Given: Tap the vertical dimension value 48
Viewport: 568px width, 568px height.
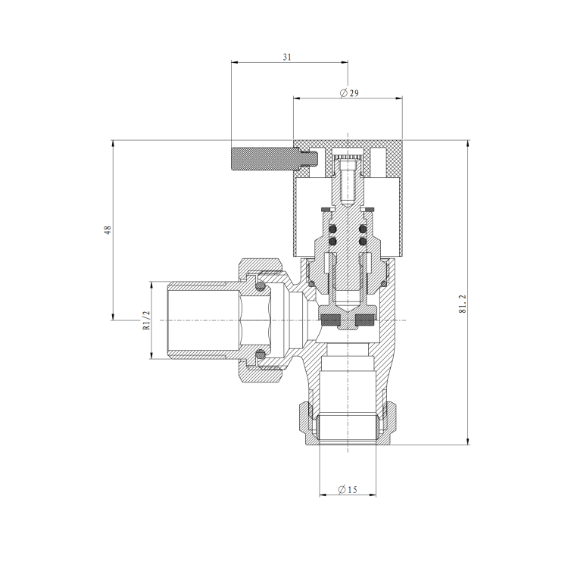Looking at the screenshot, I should [x=108, y=229].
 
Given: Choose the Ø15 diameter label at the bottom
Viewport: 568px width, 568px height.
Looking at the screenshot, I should [x=347, y=490].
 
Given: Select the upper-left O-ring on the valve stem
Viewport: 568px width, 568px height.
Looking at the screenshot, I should [x=332, y=228].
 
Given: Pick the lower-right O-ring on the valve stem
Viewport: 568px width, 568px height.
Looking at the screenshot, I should [x=364, y=242].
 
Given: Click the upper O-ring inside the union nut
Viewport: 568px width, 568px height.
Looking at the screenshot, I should [x=260, y=286].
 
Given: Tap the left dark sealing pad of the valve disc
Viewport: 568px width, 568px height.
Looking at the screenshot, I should [x=330, y=319].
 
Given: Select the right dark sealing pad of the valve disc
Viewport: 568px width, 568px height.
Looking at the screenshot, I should [x=365, y=319].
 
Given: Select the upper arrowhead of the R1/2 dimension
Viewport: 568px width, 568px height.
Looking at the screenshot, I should [x=150, y=285].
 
